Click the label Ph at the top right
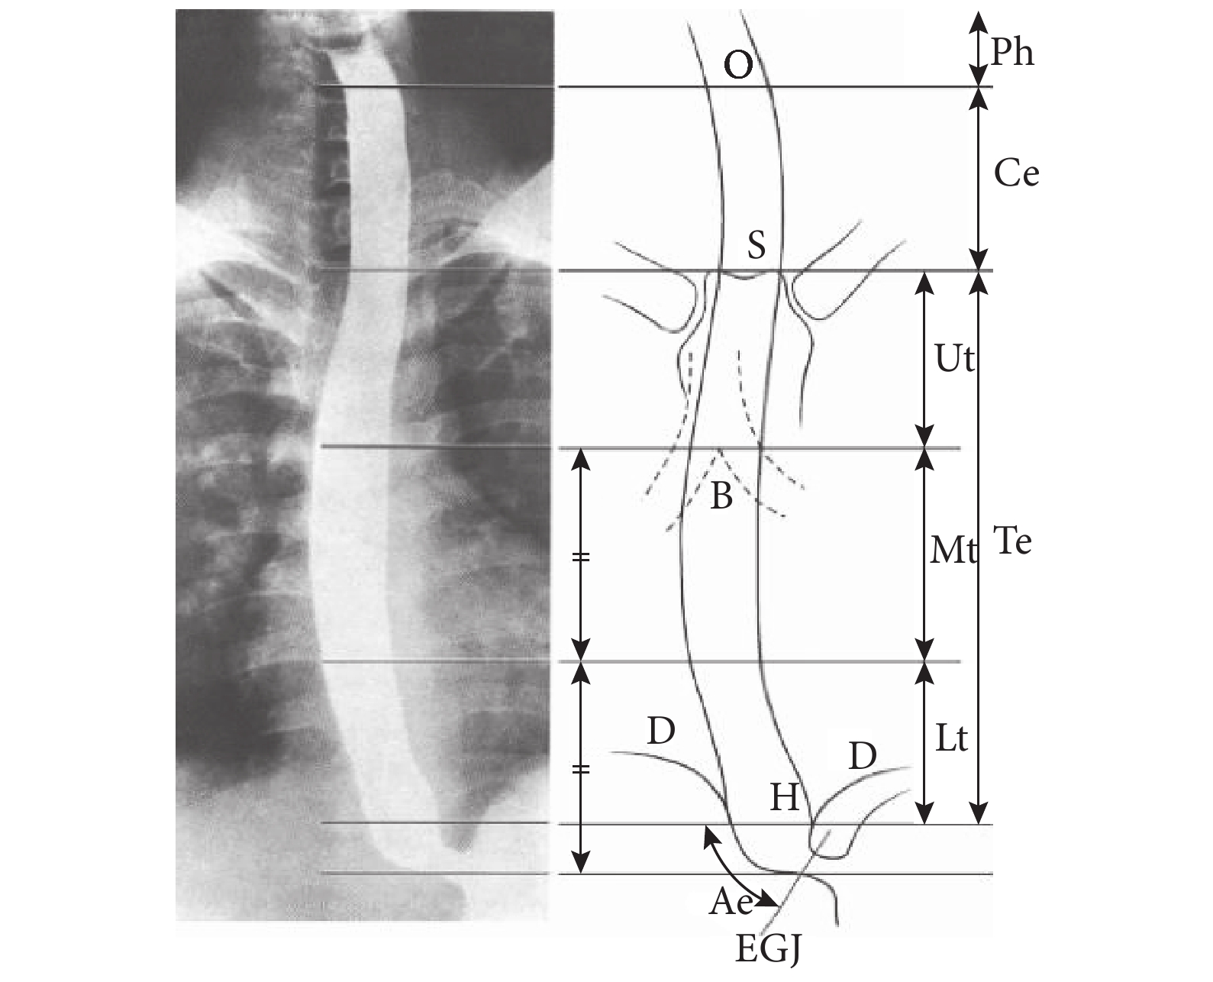click(1012, 53)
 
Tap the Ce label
click(1017, 173)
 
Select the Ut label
click(954, 359)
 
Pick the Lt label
click(952, 738)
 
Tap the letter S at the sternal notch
click(757, 246)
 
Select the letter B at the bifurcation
click(721, 496)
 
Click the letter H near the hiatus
click(785, 797)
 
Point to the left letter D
click(661, 731)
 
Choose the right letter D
click(863, 756)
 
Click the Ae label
click(731, 901)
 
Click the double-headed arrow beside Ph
click(979, 49)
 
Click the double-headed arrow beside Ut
click(924, 360)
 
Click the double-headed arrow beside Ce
click(979, 179)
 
